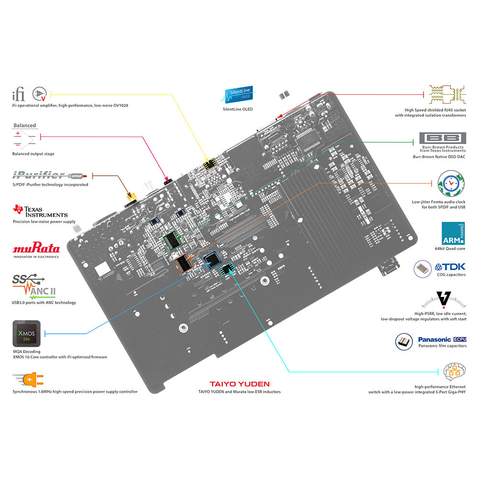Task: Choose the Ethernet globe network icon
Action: [x=455, y=372]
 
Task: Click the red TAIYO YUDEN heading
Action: [x=239, y=384]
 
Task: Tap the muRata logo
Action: [x=36, y=249]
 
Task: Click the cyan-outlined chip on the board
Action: [x=225, y=269]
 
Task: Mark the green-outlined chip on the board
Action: [x=171, y=241]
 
